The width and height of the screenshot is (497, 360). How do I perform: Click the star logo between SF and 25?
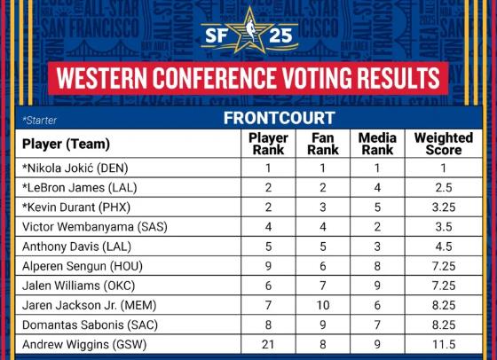pyautogui.click(x=249, y=31)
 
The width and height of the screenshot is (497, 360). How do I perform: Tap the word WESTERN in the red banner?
pyautogui.click(x=102, y=78)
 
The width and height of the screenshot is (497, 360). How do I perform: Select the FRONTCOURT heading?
pyautogui.click(x=280, y=118)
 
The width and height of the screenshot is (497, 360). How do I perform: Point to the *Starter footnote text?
pyautogui.click(x=39, y=121)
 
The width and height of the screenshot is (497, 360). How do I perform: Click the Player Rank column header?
pyautogui.click(x=268, y=144)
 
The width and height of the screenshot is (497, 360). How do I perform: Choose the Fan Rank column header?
pyautogui.click(x=323, y=144)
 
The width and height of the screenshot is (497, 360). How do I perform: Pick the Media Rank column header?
pyautogui.click(x=377, y=144)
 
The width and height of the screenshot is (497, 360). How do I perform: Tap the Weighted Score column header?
pyautogui.click(x=444, y=144)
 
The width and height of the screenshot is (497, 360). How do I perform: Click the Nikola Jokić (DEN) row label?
pyautogui.click(x=75, y=168)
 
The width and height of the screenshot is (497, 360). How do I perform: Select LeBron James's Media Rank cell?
pyautogui.click(x=377, y=188)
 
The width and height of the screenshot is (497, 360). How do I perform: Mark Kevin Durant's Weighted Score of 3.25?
pyautogui.click(x=444, y=207)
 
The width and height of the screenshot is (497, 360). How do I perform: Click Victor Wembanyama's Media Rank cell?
pyautogui.click(x=377, y=227)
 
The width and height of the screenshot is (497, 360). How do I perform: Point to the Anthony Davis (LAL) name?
pyautogui.click(x=76, y=247)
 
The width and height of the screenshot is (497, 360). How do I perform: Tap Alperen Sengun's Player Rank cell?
pyautogui.click(x=268, y=266)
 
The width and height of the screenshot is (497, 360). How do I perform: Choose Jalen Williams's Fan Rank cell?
pyautogui.click(x=323, y=286)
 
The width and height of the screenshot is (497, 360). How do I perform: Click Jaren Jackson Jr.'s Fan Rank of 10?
pyautogui.click(x=323, y=306)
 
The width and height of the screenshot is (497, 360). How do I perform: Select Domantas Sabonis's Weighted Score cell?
pyautogui.click(x=444, y=325)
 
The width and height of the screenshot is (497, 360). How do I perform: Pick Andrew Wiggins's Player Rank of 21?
pyautogui.click(x=268, y=345)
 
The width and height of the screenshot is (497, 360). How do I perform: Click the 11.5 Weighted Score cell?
pyautogui.click(x=444, y=345)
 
